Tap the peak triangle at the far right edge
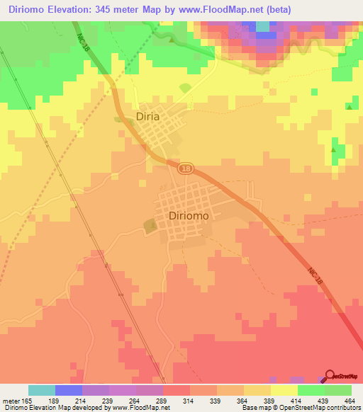tap(350, 107)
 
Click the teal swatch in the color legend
tap(42, 390)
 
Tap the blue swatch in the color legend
tap(69, 390)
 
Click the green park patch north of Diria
tap(185, 88)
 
